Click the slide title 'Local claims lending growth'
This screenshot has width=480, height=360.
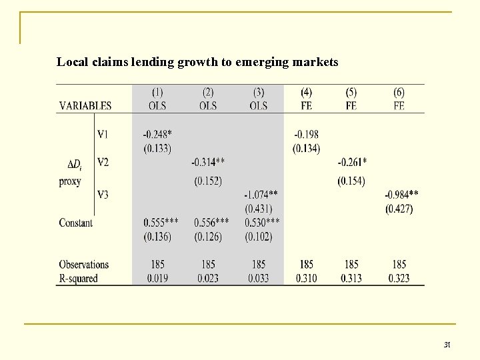pyautogui.click(x=197, y=63)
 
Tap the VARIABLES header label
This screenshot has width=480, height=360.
pyautogui.click(x=85, y=105)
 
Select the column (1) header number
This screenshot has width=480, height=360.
pyautogui.click(x=157, y=93)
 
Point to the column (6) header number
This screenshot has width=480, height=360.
pyautogui.click(x=399, y=93)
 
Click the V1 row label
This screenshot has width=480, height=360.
pyautogui.click(x=103, y=135)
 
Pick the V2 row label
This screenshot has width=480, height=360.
pyautogui.click(x=103, y=162)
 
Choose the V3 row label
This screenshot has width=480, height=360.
pyautogui.click(x=103, y=195)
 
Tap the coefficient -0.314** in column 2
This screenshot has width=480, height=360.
pyautogui.click(x=208, y=162)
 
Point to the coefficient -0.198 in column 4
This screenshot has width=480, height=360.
pyautogui.click(x=306, y=135)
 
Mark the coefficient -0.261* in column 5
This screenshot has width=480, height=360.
pyautogui.click(x=351, y=162)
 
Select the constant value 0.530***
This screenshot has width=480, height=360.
pyautogui.click(x=262, y=223)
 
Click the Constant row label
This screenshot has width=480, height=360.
pyautogui.click(x=76, y=223)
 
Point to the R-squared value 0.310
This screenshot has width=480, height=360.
pyautogui.click(x=306, y=278)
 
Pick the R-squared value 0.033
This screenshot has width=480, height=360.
pyautogui.click(x=259, y=278)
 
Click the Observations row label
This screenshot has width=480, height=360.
pyautogui.click(x=83, y=265)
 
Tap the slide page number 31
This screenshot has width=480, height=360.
pyautogui.click(x=447, y=345)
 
